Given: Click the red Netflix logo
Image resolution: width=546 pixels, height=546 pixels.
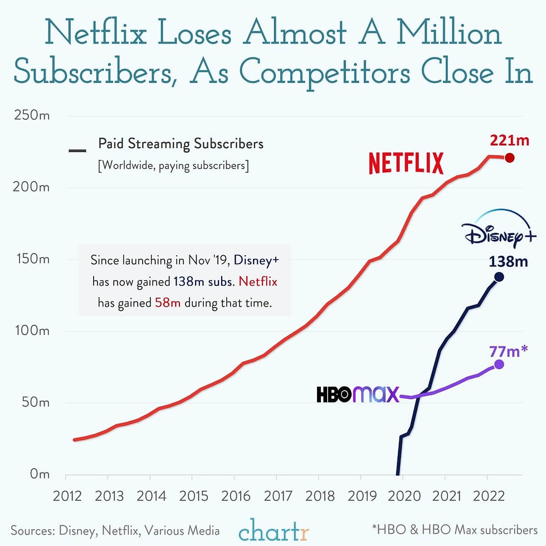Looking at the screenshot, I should coord(406,163).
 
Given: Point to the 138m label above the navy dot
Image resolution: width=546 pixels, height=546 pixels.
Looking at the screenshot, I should coord(509,261).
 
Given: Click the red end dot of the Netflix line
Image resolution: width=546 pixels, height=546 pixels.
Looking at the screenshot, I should coord(509,158).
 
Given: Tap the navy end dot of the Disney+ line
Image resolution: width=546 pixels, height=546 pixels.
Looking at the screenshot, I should coord(499,277).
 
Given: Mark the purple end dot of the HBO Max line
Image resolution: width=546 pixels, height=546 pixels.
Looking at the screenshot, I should coord(499,364).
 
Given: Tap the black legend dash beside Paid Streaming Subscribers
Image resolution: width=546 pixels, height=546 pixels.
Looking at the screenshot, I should coord(77,150).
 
